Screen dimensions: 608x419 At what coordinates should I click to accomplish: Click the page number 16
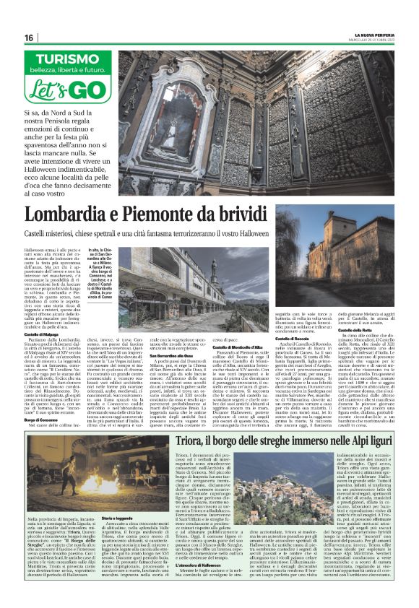[x=29, y=38]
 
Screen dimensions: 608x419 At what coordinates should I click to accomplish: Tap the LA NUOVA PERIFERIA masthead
[x=379, y=35]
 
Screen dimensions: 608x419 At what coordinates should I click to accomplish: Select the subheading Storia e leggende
[x=117, y=537]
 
